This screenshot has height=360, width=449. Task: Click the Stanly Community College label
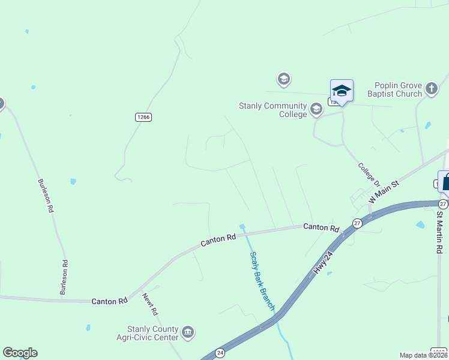coord(273,110)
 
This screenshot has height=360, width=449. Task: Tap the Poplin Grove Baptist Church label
coord(398,90)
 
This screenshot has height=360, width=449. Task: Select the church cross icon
coord(432,90)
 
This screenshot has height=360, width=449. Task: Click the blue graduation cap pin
coord(342,91)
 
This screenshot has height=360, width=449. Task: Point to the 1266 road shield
coord(143,117)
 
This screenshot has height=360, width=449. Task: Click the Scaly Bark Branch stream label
coord(262,280)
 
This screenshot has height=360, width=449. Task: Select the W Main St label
coord(384,191)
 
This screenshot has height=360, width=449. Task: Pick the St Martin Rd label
coord(440,231)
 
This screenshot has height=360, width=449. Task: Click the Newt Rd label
coord(150,304)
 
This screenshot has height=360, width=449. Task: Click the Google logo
coord(20,353)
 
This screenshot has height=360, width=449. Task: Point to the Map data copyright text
coord(423,355)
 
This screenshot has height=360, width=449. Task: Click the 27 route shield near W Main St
coord(357,223)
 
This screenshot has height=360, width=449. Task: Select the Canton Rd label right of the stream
coord(321,227)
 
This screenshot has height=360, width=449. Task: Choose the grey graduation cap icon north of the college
coord(283,79)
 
